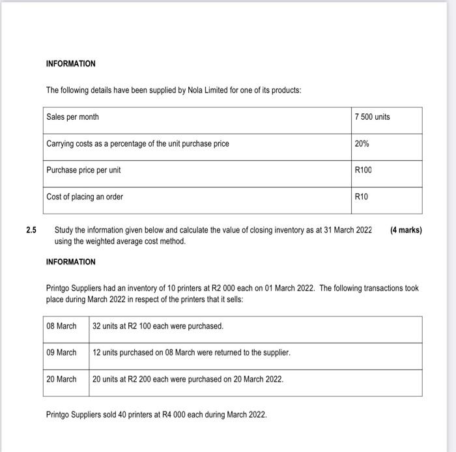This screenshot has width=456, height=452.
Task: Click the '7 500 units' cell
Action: [373, 117]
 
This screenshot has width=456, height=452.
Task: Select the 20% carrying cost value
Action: [362, 143]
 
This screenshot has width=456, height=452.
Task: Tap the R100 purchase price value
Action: [363, 170]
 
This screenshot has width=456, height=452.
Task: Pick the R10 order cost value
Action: [362, 197]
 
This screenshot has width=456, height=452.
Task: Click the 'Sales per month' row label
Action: [72, 117]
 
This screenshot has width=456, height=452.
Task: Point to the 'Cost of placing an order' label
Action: [85, 197]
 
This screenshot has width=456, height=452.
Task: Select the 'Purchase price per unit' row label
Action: [83, 170]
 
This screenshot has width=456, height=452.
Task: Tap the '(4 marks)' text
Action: [405, 230]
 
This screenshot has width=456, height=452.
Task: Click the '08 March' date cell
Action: [61, 326]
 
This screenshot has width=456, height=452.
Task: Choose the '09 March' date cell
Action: [61, 352]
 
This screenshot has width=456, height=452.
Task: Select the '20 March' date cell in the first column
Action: [61, 379]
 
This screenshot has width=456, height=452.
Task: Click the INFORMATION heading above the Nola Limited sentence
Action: [70, 64]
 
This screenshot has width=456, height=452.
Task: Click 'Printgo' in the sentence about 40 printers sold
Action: [59, 414]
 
